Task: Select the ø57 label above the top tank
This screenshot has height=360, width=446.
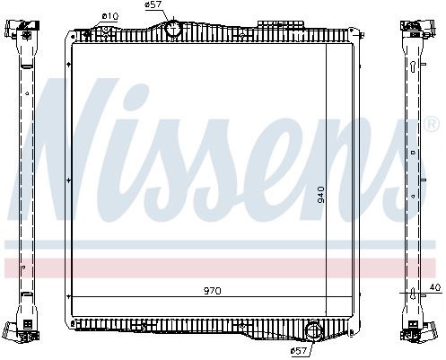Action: click(x=153, y=6)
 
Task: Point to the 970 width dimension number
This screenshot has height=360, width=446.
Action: click(x=213, y=291)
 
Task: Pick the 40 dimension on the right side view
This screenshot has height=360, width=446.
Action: click(x=435, y=287)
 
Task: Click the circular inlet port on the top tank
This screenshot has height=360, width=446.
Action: click(x=173, y=30)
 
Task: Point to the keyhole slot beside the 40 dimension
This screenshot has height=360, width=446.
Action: click(x=413, y=289)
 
